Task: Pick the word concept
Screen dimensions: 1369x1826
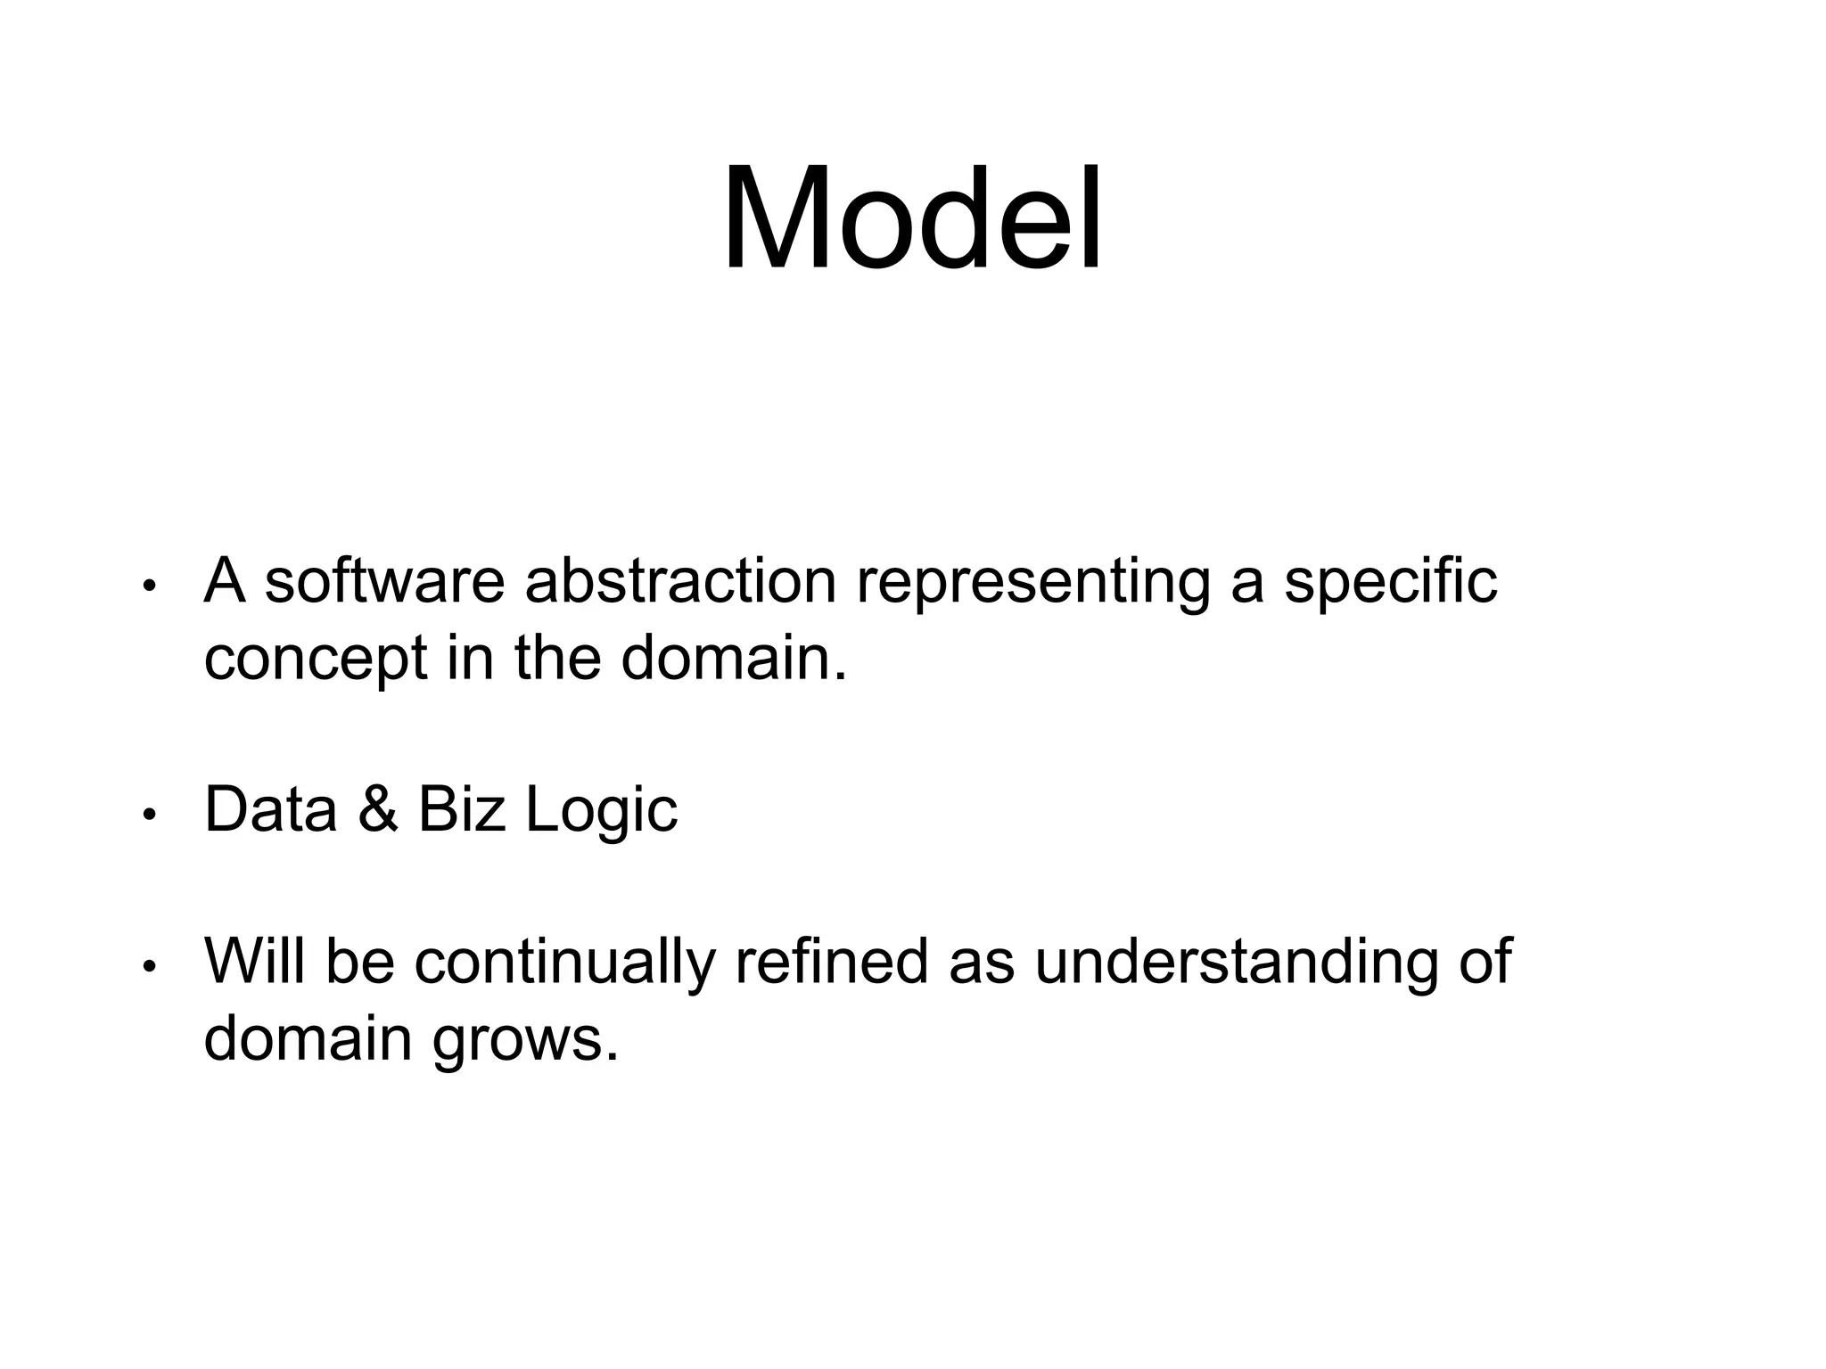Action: (x=316, y=660)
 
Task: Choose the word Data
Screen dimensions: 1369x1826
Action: (x=270, y=810)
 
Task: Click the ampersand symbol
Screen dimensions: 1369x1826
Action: (x=377, y=810)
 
